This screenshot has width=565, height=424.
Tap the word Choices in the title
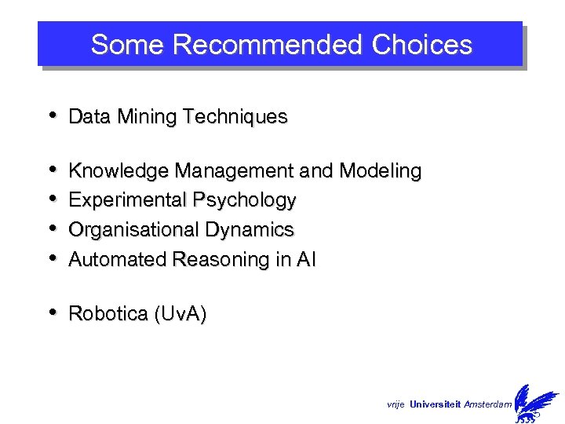tap(422, 45)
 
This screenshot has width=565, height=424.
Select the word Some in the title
tap(128, 45)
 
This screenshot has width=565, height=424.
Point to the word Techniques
tap(235, 117)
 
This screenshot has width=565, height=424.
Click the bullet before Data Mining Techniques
tap(52, 115)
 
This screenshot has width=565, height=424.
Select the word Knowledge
tap(119, 171)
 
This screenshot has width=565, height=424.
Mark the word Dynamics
tap(250, 230)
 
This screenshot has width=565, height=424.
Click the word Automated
tap(110, 260)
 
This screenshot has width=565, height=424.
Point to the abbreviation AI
tap(306, 260)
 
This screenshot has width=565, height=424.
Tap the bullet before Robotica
tap(52, 313)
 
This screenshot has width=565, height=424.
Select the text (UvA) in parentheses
tap(180, 314)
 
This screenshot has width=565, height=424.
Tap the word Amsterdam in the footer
tap(487, 404)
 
